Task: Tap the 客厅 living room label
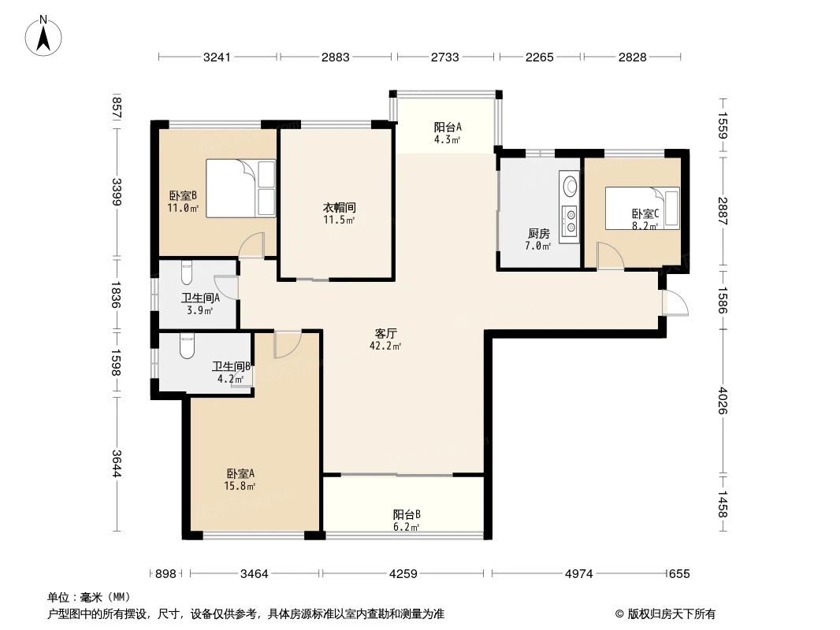385,333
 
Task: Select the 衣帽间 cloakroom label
339,208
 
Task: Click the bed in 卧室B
240,187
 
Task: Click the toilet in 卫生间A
186,272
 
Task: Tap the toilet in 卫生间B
186,346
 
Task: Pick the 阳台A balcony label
447,127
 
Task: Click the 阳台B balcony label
406,515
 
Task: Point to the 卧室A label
240,474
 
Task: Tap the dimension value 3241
217,57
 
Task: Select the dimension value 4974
578,574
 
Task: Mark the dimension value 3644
117,463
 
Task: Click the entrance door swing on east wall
675,304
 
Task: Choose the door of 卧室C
608,257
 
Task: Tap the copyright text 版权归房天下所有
669,613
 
